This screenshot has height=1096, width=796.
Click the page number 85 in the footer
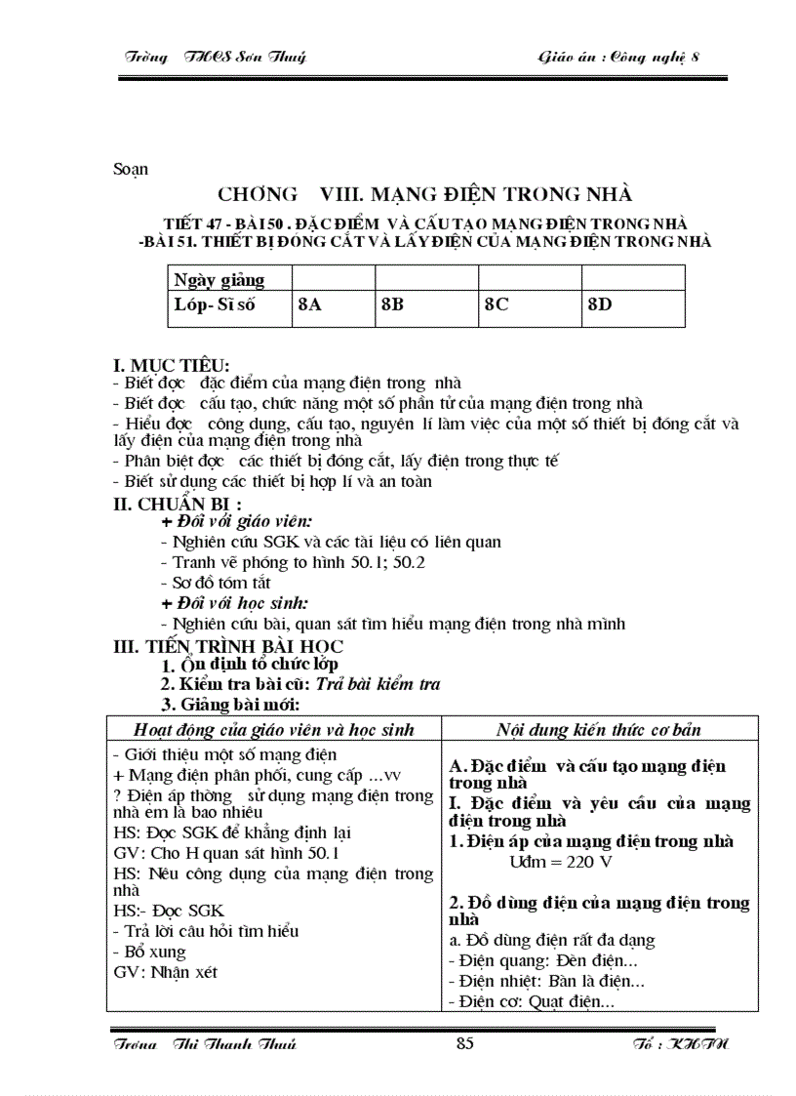(464, 1044)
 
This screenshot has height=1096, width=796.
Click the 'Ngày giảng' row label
(219, 280)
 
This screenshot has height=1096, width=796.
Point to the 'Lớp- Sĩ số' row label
(214, 304)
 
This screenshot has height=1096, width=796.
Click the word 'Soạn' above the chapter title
(130, 169)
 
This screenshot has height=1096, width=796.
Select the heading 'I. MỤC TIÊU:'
(172, 366)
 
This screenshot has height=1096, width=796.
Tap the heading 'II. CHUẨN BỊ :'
(179, 505)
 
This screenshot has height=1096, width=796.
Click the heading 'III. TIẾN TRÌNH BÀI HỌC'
(228, 646)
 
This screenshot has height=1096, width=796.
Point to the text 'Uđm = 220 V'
(561, 862)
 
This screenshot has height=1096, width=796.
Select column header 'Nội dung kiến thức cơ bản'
(599, 729)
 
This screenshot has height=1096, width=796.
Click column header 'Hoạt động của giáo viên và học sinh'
(274, 729)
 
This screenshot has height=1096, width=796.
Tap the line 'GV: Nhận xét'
(165, 972)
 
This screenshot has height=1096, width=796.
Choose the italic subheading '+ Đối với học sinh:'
(234, 603)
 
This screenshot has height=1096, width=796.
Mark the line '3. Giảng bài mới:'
(230, 704)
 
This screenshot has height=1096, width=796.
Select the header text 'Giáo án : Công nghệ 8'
(619, 57)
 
